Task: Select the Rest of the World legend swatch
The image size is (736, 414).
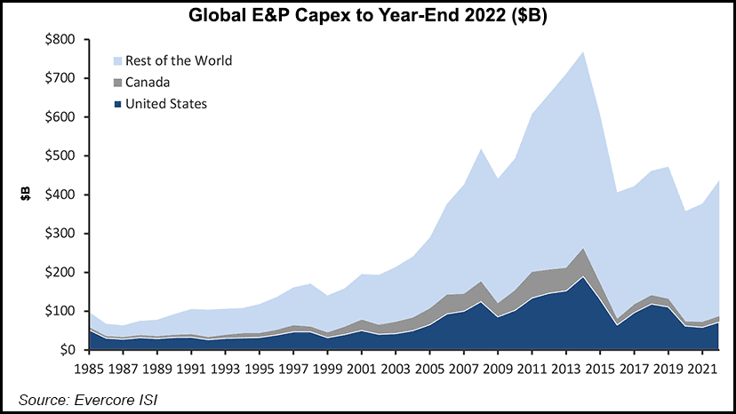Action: point(118,60)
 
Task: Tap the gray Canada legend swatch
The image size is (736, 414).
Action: point(118,82)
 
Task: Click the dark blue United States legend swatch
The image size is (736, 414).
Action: point(118,104)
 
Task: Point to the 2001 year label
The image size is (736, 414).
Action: point(361,368)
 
